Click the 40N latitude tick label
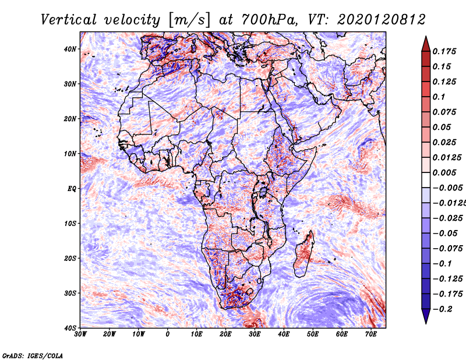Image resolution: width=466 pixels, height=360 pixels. (x=70, y=49)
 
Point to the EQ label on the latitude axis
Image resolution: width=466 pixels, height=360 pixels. (x=72, y=189)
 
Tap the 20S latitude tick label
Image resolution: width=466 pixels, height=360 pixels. (x=70, y=258)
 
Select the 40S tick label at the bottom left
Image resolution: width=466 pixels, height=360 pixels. (x=70, y=328)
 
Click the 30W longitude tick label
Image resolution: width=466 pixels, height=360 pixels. (x=80, y=334)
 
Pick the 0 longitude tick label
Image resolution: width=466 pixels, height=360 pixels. (x=168, y=334)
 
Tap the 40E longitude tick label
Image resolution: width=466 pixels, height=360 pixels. (x=284, y=334)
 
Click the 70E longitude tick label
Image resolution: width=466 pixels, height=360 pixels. (x=371, y=334)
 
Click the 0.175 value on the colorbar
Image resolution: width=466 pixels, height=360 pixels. (x=444, y=51)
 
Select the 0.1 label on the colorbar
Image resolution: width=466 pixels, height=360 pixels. (x=439, y=97)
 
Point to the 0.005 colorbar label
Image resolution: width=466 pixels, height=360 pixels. (x=444, y=172)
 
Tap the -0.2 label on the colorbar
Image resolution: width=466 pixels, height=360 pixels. (x=442, y=309)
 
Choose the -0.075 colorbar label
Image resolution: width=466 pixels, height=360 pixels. (x=447, y=249)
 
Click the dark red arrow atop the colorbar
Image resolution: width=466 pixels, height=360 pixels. (x=426, y=44)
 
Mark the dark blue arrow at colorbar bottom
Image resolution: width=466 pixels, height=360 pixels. (x=426, y=316)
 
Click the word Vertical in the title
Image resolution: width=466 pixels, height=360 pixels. (x=68, y=20)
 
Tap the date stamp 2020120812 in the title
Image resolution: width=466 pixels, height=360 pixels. (x=382, y=20)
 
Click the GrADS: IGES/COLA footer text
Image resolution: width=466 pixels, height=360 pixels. (x=33, y=355)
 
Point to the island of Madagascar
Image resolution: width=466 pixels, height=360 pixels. (x=303, y=253)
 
